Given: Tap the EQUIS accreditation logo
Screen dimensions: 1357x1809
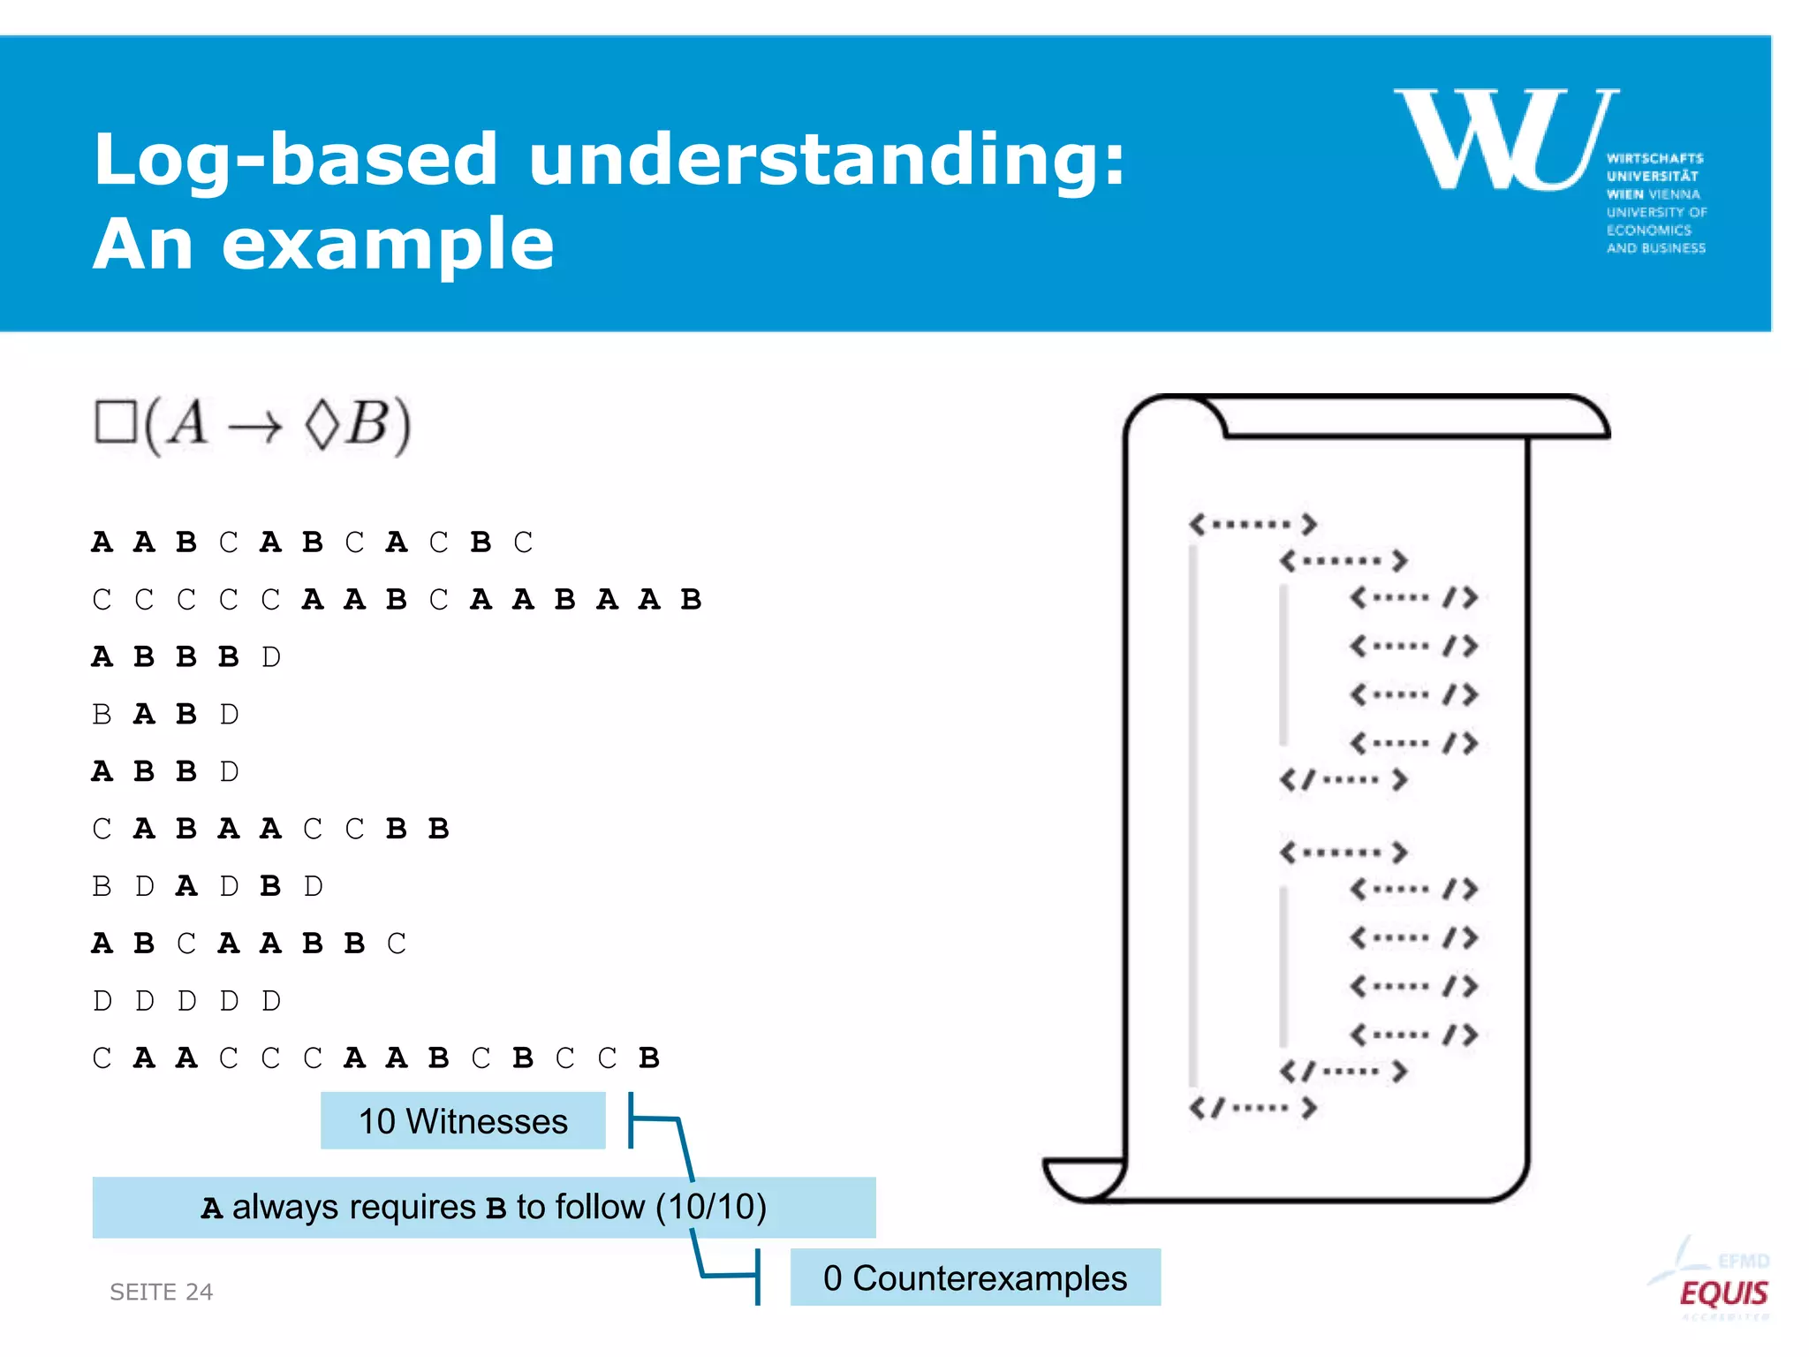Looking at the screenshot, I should [1722, 1293].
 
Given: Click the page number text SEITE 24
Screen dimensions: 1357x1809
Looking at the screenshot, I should [161, 1292].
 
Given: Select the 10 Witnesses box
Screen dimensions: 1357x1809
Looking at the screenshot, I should [463, 1121].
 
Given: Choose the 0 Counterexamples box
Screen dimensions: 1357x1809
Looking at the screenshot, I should [974, 1277].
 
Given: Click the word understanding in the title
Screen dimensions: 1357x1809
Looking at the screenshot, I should [826, 159].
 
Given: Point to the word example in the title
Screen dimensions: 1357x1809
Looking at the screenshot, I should [388, 244].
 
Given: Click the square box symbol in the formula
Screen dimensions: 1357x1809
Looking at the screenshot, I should [116, 422].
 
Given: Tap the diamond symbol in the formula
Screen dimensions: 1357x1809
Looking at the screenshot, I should [322, 424].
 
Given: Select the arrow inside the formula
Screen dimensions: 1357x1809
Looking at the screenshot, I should [255, 428].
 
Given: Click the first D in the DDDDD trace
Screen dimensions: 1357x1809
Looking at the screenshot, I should [102, 1001].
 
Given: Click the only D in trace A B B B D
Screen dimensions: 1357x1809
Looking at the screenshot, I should [271, 657].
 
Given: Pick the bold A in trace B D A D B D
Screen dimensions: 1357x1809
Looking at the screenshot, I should [186, 886].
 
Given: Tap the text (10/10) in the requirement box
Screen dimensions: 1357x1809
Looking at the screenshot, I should [711, 1207].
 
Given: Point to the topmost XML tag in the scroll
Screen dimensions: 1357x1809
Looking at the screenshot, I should [1253, 524].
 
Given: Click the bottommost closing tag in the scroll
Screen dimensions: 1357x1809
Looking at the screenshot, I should [1253, 1108].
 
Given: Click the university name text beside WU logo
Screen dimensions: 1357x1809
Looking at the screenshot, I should [1655, 203].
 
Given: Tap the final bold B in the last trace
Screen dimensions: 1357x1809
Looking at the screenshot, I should [649, 1058].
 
